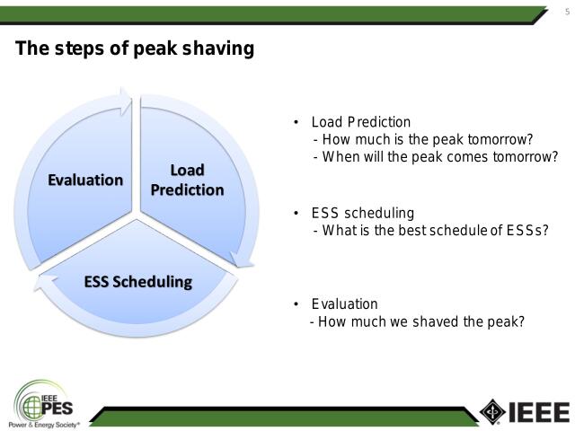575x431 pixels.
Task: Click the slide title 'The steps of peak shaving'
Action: pos(135,49)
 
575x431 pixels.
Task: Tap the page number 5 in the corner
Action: pos(566,11)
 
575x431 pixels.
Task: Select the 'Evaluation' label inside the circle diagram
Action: pos(85,180)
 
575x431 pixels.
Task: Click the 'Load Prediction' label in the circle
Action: pos(187,180)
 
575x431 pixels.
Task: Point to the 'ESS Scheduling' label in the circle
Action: pos(137,282)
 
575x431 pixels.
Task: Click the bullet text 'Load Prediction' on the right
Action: pos(360,122)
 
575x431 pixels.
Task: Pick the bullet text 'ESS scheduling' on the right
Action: pos(362,214)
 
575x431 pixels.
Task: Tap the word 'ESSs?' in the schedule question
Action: pos(526,230)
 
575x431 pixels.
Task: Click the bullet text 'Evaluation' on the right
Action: pos(344,304)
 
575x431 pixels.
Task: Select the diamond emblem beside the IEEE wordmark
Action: pos(492,410)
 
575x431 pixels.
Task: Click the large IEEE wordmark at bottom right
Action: pos(539,411)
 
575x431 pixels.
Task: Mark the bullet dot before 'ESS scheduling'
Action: pos(296,214)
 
